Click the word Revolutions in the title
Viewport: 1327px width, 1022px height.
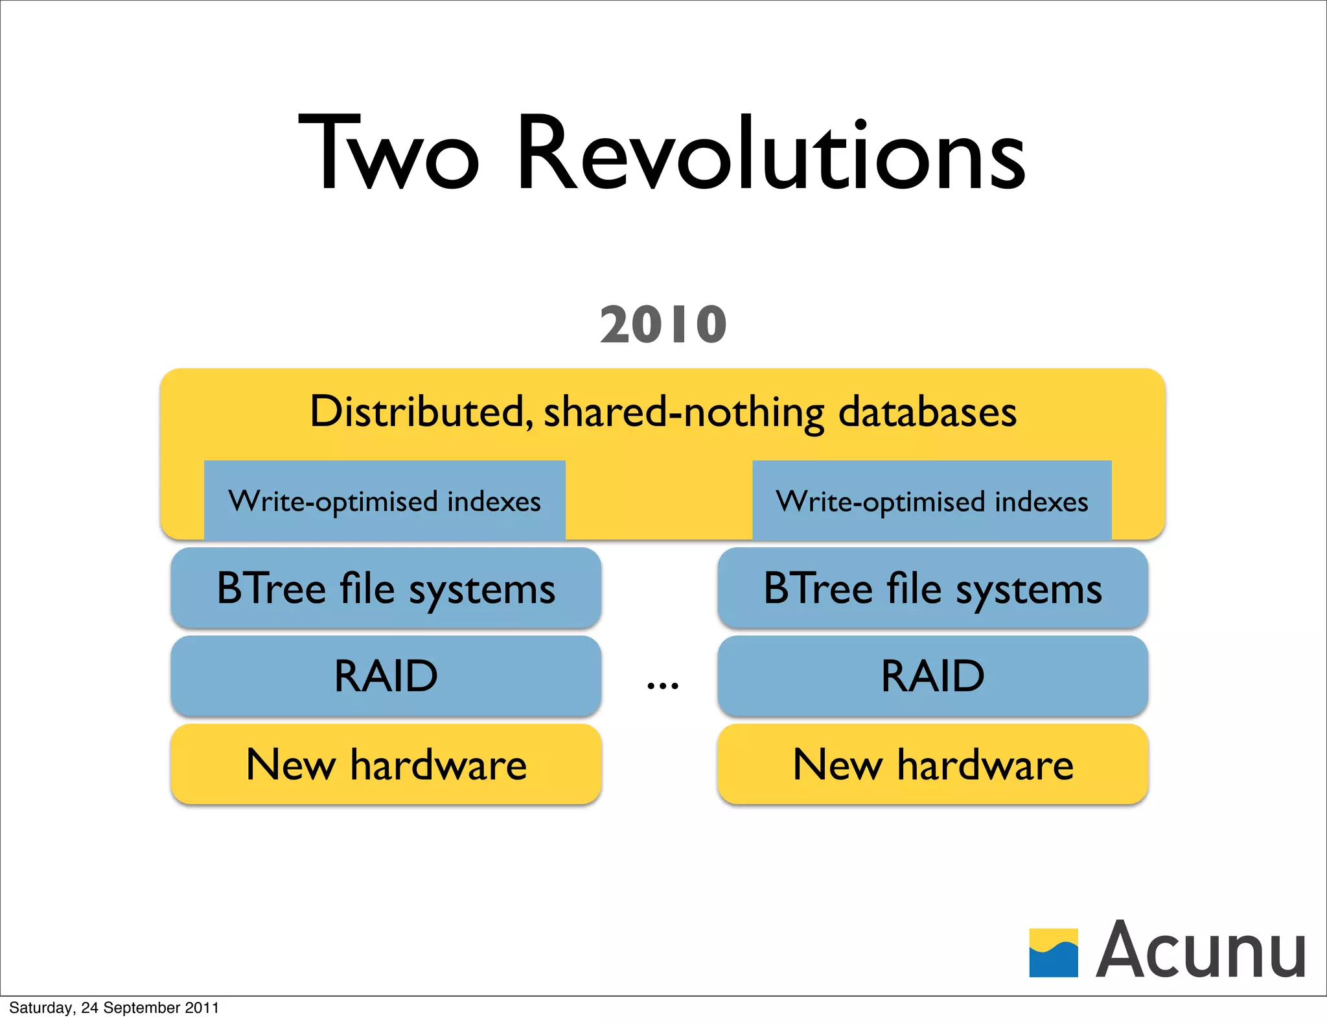click(x=771, y=154)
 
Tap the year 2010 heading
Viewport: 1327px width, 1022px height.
click(x=663, y=324)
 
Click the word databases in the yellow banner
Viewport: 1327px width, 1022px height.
click(x=927, y=411)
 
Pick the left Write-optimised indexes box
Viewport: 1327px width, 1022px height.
click(x=385, y=501)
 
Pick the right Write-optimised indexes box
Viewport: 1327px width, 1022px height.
click(x=932, y=501)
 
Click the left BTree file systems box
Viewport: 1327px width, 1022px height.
click(x=386, y=588)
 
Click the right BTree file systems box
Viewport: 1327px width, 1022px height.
click(x=932, y=588)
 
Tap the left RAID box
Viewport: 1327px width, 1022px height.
click(x=386, y=676)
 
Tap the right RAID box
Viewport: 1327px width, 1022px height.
click(x=932, y=676)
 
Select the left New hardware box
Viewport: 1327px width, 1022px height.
click(x=386, y=765)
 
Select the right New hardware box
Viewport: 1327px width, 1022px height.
click(x=932, y=765)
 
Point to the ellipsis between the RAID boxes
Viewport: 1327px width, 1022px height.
click(x=663, y=685)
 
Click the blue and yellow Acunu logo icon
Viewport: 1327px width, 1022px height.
click(x=1054, y=953)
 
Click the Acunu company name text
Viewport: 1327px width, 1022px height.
click(x=1201, y=949)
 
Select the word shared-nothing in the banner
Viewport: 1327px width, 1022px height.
click(x=684, y=411)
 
